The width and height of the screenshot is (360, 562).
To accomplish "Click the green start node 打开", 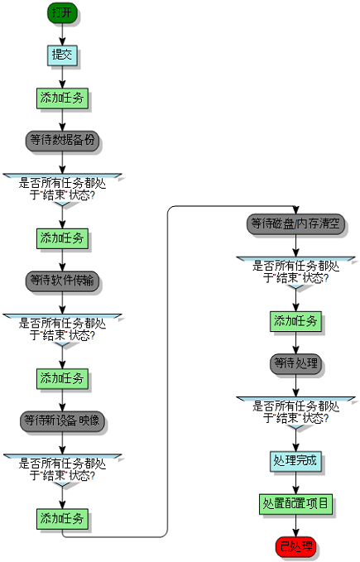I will coord(62,12).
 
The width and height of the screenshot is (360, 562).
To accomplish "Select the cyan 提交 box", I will coord(62,55).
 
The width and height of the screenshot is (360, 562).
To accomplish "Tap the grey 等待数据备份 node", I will coord(62,140).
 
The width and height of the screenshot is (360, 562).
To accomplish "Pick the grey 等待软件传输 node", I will coord(62,281).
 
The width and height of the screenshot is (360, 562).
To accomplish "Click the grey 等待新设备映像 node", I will coord(62,420).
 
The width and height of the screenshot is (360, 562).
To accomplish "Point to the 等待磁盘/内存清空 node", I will coord(296,223).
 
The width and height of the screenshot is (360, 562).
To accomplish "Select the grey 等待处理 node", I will coord(296,363).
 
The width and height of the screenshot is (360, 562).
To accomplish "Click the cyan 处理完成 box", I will coord(296,461).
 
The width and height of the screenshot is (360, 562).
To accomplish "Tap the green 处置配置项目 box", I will coord(296,503).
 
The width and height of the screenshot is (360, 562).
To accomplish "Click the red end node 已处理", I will coord(296,546).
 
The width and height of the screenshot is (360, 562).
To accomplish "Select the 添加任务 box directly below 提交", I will coord(62,98).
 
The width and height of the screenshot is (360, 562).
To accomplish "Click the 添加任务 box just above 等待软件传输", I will coord(62,238).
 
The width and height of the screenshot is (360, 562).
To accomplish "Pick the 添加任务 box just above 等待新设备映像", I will coord(62,378).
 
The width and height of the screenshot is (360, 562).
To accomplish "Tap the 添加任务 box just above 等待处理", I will coord(296,322).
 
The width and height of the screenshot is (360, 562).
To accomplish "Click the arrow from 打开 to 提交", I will coord(62,34).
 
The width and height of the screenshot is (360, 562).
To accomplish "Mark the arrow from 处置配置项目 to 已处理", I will coord(296,525).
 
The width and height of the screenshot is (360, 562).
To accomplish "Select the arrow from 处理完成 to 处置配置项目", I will coord(296,483).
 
